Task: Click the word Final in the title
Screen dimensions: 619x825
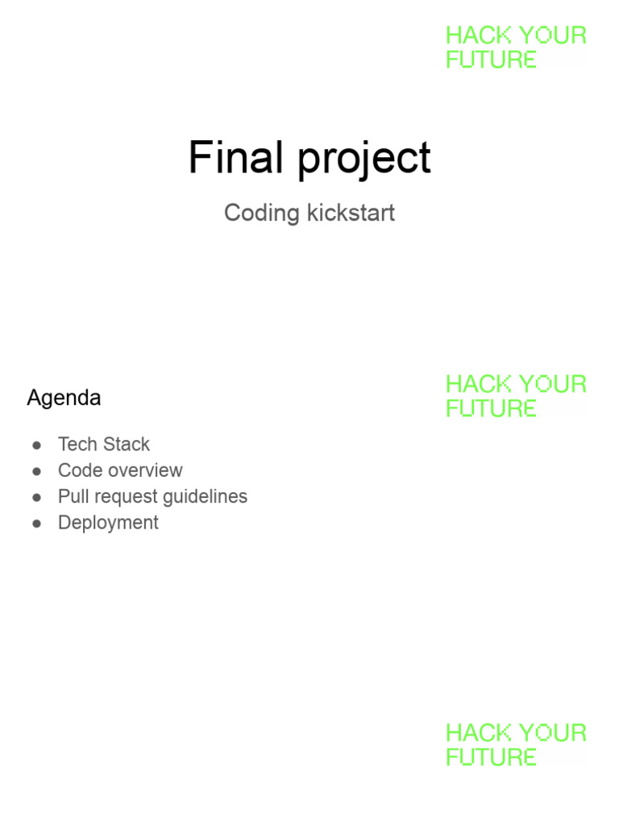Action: click(236, 157)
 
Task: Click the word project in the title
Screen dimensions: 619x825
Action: click(364, 159)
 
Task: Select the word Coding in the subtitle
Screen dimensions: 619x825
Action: click(262, 214)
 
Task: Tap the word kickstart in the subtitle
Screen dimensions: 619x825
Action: click(351, 213)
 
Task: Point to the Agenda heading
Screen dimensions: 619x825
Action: click(64, 398)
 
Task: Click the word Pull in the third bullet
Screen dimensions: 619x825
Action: click(73, 496)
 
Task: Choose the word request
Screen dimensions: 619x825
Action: click(126, 497)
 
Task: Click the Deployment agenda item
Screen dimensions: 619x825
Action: click(108, 524)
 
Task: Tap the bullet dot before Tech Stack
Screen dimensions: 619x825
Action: click(37, 446)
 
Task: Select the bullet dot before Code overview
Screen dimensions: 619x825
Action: click(37, 471)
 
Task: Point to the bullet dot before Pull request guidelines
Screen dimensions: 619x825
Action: click(37, 498)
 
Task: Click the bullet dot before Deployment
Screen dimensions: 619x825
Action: click(37, 524)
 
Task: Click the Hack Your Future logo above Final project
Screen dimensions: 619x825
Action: click(517, 48)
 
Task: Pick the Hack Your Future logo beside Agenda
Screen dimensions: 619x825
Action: click(517, 396)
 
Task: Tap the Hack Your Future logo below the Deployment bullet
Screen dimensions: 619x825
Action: click(517, 745)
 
